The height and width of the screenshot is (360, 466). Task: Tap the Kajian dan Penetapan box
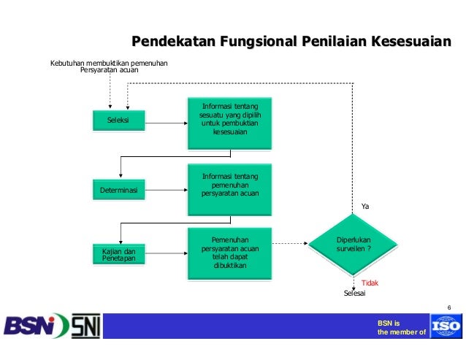(118, 254)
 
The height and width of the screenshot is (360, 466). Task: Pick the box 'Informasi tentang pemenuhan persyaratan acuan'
(230, 186)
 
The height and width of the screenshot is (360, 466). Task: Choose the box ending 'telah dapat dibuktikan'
(230, 253)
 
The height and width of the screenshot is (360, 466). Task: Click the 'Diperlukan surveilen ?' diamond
(354, 245)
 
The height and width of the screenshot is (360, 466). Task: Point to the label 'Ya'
(366, 207)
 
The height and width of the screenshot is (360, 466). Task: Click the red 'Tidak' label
(370, 282)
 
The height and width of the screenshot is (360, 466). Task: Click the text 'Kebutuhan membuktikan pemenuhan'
(108, 64)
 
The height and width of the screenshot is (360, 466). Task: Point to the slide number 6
(449, 306)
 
